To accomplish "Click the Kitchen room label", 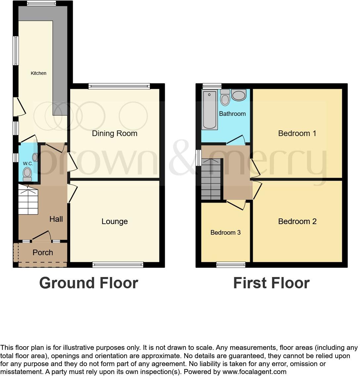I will (38, 73).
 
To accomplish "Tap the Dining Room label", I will (114, 133).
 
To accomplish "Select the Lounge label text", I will (114, 221).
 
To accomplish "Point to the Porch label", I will (43, 253).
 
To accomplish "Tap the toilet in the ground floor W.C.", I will (27, 173).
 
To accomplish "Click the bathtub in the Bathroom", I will (209, 110).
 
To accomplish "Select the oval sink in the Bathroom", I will (239, 95).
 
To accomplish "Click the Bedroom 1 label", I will (297, 133).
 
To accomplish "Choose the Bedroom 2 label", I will (297, 221).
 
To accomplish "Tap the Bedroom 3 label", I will (225, 233).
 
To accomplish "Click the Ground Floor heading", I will (88, 283).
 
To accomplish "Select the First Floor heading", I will (271, 283).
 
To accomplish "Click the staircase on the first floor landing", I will (211, 179).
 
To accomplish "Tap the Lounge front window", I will (118, 264).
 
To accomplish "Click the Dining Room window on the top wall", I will (119, 86).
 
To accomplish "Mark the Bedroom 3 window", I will (231, 264).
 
